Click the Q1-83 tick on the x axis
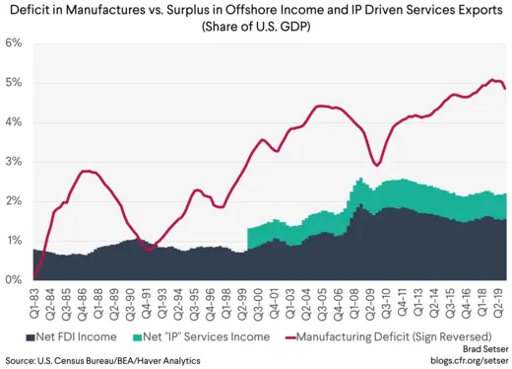(36, 300)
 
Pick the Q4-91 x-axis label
(147, 300)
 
